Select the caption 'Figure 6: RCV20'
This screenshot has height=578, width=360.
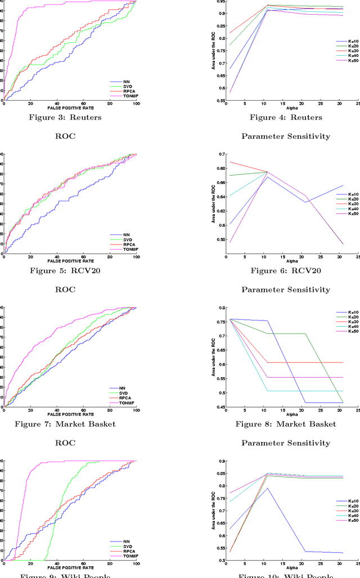pyautogui.click(x=286, y=270)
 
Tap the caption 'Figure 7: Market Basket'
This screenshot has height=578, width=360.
pyautogui.click(x=65, y=423)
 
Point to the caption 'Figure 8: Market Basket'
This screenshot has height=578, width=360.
pyautogui.click(x=286, y=423)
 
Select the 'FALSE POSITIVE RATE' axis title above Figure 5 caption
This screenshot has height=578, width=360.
pyautogui.click(x=70, y=261)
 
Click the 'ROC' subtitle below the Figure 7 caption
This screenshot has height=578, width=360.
pyautogui.click(x=65, y=442)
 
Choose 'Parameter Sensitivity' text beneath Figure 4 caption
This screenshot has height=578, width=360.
pyautogui.click(x=286, y=136)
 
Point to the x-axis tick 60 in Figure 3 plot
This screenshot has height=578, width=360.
pyautogui.click(x=83, y=103)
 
